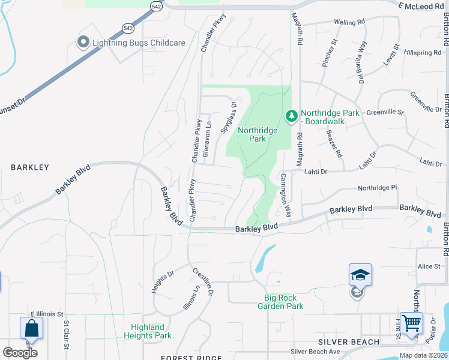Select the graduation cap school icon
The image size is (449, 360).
coord(360,275)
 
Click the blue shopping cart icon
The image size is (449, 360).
coord(412,323)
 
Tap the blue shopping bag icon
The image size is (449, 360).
coord(31,328)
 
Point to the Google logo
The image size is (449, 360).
coord(20,352)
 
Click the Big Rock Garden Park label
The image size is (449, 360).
coord(284,302)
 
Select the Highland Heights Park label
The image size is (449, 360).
coord(148,331)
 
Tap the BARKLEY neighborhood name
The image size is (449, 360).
coord(29,167)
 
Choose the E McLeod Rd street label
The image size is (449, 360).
coord(420,5)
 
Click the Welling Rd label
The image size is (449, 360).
coord(349,22)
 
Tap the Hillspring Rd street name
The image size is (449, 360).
coord(423,53)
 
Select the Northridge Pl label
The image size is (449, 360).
coord(378,188)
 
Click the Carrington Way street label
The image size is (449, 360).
coord(286,196)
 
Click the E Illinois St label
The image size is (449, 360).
coord(47,314)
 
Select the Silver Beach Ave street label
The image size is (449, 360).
coord(315,352)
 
